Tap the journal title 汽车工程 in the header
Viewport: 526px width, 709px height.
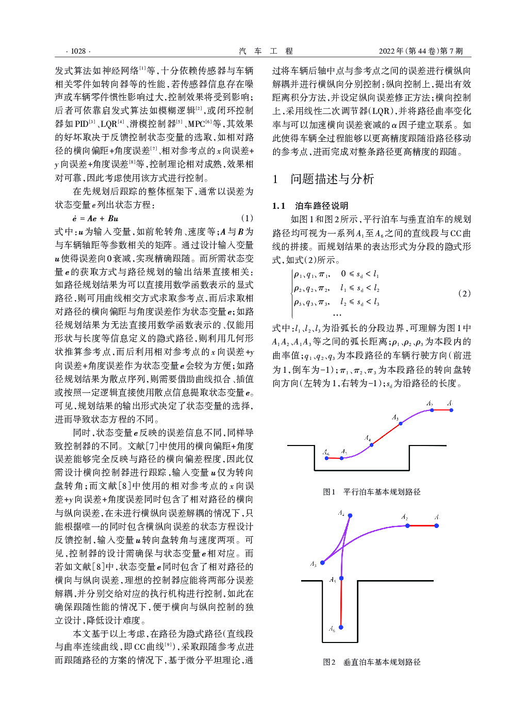tap(266, 51)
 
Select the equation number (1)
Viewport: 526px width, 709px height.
tap(247, 218)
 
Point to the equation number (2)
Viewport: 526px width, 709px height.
tap(464, 293)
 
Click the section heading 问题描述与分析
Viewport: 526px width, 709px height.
tap(332, 179)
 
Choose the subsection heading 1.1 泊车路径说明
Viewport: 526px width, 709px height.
tap(310, 206)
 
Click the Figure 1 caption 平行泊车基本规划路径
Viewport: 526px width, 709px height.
tap(372, 492)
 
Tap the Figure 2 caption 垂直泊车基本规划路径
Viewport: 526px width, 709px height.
tap(372, 662)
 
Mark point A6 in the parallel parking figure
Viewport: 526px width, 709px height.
tap(326, 457)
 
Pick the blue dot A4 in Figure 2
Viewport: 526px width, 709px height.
tap(350, 516)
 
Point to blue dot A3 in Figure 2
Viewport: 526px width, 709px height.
tap(323, 563)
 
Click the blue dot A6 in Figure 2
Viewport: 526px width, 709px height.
tap(341, 628)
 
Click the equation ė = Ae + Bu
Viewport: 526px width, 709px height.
tap(95, 219)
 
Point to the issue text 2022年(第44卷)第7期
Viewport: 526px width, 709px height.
tap(420, 51)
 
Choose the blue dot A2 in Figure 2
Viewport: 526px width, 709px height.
tap(407, 525)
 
